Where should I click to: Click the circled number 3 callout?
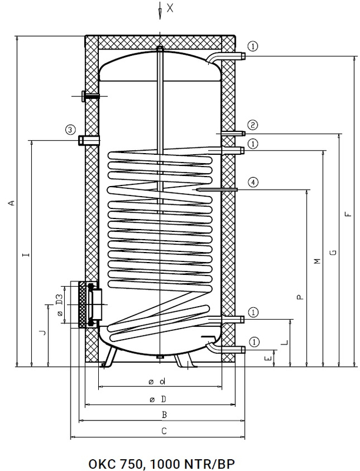(x=70, y=130)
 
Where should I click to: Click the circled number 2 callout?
(x=252, y=125)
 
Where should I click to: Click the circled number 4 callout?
(x=252, y=182)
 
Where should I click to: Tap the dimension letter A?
(x=11, y=203)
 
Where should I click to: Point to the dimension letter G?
(x=333, y=253)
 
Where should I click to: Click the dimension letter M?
(x=316, y=261)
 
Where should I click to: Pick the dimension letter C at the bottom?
(x=165, y=431)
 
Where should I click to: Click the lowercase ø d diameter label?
(x=156, y=383)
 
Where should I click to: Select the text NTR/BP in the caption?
(x=202, y=462)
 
